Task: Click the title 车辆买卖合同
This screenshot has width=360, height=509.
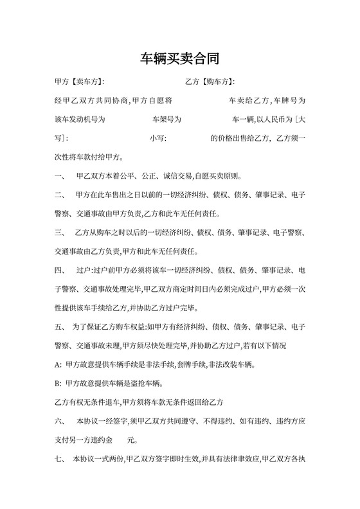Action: pos(180,59)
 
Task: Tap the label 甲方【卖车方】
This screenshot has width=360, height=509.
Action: pos(79,82)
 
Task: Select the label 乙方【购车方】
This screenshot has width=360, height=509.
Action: pos(209,82)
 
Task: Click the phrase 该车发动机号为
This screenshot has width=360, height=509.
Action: pos(80,120)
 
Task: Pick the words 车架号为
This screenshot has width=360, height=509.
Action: pos(166,120)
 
